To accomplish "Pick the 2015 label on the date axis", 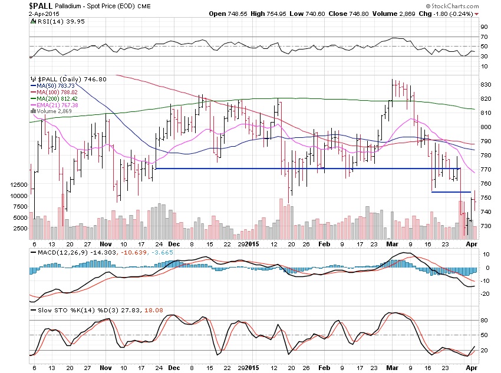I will [x=252, y=243].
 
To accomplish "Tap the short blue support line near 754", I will [x=451, y=192].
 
